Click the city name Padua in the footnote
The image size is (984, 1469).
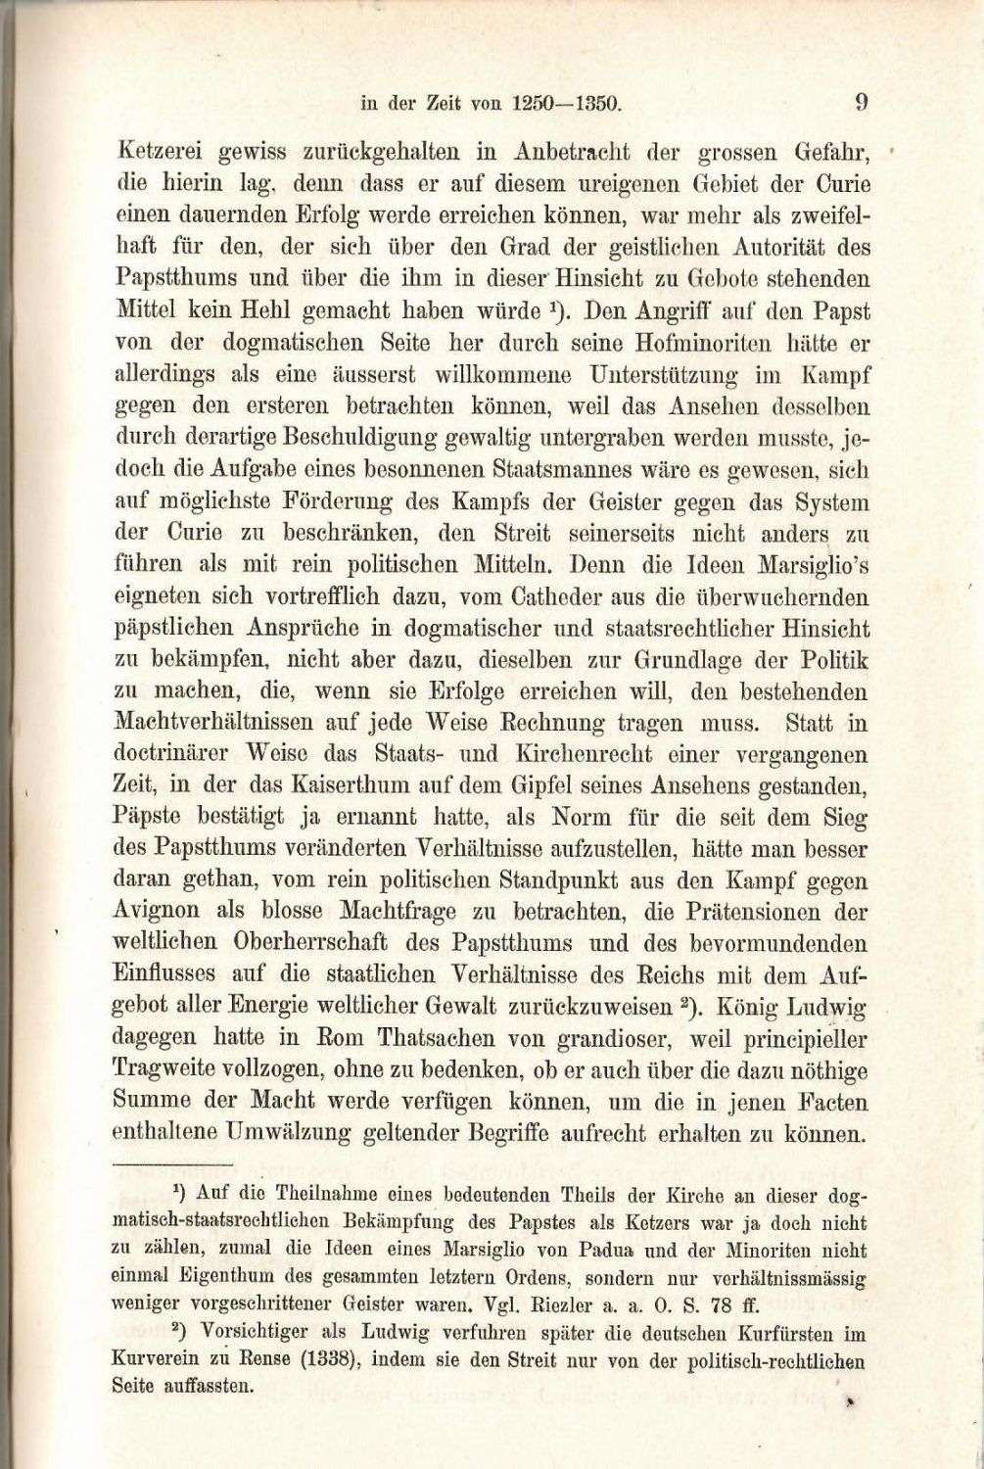coord(604,1251)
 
